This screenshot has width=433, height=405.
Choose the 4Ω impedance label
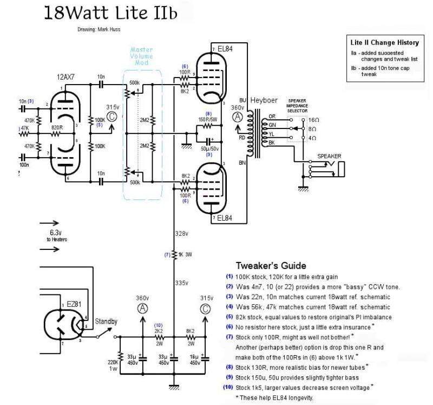tap(313, 139)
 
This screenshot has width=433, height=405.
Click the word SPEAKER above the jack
tap(330, 156)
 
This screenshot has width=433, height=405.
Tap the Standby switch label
tap(107, 321)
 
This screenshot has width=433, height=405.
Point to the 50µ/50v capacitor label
tap(207, 148)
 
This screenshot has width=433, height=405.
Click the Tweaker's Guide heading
tap(271, 266)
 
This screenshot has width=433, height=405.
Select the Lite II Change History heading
tap(383, 43)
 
